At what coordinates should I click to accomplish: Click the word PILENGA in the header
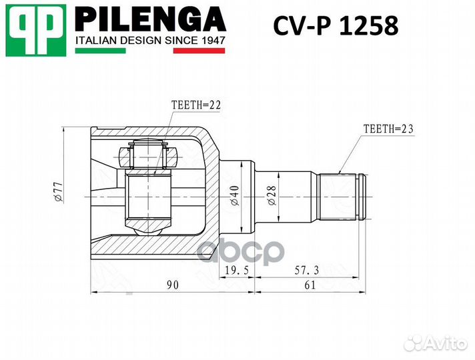coord(149,19)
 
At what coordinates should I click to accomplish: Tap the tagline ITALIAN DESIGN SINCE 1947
coord(150,41)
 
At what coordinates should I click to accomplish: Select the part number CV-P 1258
coord(336,26)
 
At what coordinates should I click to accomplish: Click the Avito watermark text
coord(447,343)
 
